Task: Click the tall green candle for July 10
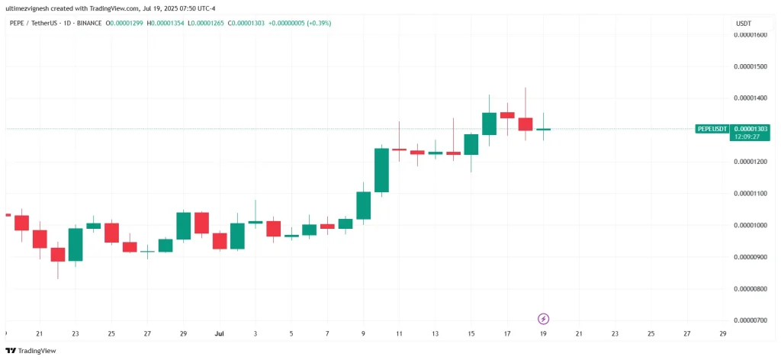click(x=381, y=169)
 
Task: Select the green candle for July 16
click(x=490, y=124)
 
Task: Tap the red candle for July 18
click(x=525, y=124)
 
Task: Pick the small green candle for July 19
click(x=543, y=130)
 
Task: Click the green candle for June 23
click(x=76, y=244)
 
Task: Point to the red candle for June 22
click(x=58, y=254)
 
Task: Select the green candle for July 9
click(x=364, y=205)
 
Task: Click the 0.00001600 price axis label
click(x=750, y=34)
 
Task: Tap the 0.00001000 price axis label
click(x=750, y=225)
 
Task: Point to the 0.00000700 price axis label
click(x=750, y=320)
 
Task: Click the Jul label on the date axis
click(x=220, y=333)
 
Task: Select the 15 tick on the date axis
click(x=471, y=333)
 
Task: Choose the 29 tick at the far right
click(x=723, y=333)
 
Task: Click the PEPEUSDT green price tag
click(x=713, y=129)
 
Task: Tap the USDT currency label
click(x=744, y=24)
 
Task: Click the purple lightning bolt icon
click(x=544, y=318)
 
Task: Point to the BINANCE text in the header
click(x=89, y=24)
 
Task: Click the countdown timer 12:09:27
click(x=747, y=137)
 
